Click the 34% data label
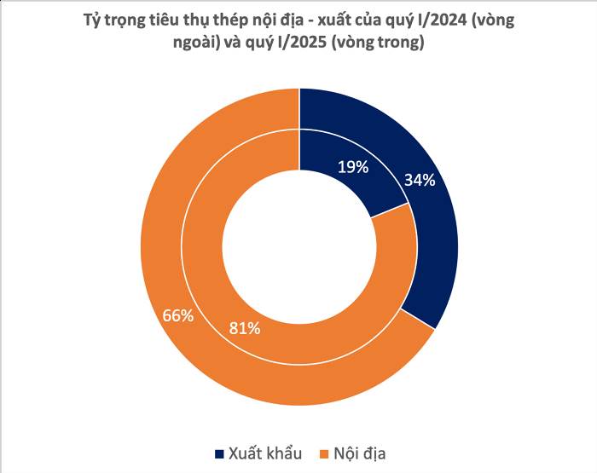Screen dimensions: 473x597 pyautogui.click(x=420, y=180)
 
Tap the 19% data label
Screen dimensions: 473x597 pyautogui.click(x=352, y=167)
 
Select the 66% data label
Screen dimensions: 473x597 pyautogui.click(x=178, y=315)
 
